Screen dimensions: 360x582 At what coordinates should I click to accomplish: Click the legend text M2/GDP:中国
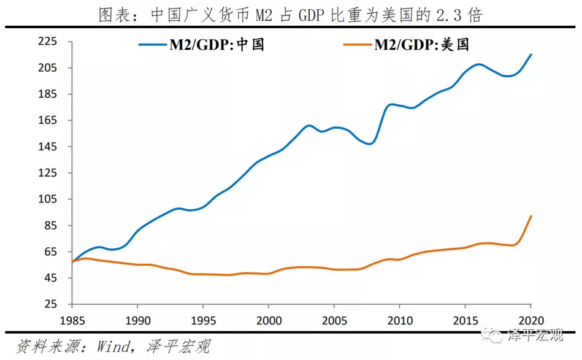(x=217, y=45)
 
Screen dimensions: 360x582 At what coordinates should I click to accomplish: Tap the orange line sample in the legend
(x=357, y=45)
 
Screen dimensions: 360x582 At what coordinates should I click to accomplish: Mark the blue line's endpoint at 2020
(x=531, y=55)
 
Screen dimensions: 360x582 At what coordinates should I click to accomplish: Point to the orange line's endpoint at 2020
(x=531, y=216)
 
